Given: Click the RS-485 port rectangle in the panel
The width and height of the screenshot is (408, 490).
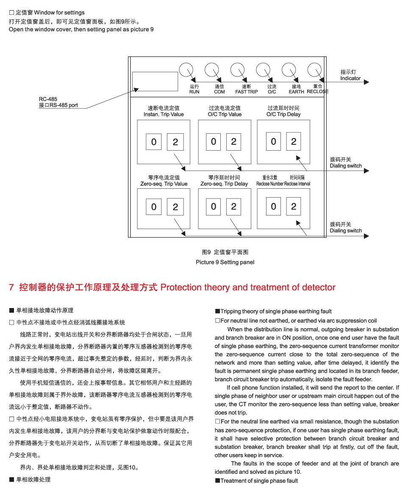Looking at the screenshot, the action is coord(155,82).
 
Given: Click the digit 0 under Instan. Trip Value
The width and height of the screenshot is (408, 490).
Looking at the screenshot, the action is coord(154,142).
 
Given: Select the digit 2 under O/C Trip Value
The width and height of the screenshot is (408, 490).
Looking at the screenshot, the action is coord(234,142).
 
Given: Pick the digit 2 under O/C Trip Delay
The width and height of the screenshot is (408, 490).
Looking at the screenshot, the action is coord(294,141).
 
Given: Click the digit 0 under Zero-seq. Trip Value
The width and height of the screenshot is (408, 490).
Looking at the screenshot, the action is coord(154,206).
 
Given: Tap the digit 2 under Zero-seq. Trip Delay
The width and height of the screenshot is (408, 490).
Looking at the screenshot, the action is coord(234,206).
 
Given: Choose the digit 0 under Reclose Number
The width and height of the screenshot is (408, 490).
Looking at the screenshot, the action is coord(273,206).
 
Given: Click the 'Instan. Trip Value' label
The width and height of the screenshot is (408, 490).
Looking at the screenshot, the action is coord(164,114).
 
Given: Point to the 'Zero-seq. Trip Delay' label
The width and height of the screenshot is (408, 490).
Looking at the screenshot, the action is coord(224,184).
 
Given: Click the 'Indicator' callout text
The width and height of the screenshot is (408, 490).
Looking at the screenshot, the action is coord(350,78).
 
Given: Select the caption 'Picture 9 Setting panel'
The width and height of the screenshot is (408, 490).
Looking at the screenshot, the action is coord(225,262).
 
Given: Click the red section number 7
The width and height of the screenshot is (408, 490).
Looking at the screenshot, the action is coord(11,287).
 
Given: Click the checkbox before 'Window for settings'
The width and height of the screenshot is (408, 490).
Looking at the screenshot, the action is coord(11,13).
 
